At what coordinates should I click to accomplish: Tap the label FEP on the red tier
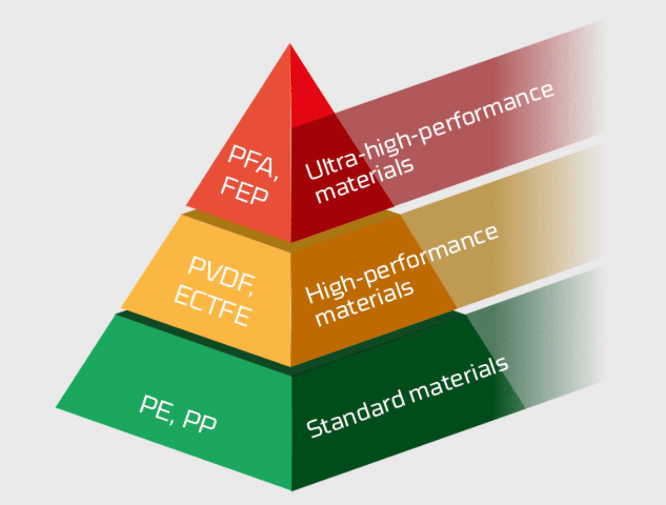pyautogui.click(x=244, y=191)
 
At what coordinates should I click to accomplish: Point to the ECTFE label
pyautogui.click(x=214, y=305)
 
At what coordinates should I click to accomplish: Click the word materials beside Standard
pyautogui.click(x=459, y=379)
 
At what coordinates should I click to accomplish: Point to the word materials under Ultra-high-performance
pyautogui.click(x=364, y=180)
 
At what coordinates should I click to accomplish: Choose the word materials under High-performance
pyautogui.click(x=364, y=303)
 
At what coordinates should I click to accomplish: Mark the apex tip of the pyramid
pyautogui.click(x=290, y=43)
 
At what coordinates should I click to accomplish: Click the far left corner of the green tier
pyautogui.click(x=56, y=408)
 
